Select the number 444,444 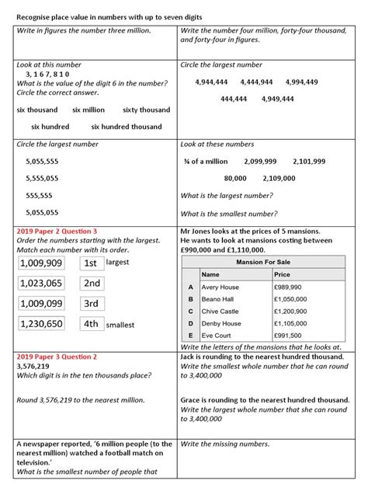(234, 99)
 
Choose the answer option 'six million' (89, 110)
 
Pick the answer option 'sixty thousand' (147, 110)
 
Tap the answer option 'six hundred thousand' (127, 127)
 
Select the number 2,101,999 (309, 161)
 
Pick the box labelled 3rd (91, 304)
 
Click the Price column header (283, 274)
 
